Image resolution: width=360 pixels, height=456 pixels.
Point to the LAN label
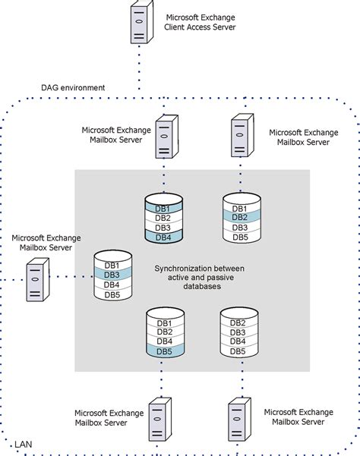(24, 442)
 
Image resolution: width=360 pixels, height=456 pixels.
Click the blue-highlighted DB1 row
(163, 208)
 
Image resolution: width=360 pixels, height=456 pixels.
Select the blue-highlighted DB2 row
(240, 218)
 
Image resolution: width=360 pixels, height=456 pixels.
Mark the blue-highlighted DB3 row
(112, 274)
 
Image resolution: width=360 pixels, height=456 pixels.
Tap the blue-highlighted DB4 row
(163, 237)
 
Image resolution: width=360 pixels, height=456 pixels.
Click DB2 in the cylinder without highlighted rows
(238, 322)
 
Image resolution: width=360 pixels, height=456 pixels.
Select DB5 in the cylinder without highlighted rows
(238, 351)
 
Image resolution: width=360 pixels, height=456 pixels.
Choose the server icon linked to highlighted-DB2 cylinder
(240, 134)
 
